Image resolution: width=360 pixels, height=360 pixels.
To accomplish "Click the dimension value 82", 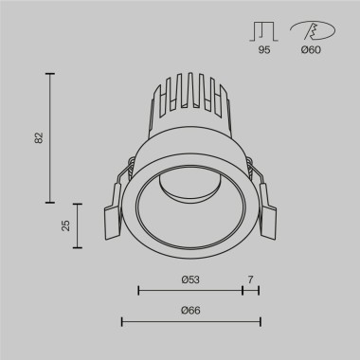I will point(39,137).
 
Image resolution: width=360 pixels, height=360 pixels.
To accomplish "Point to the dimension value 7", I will point(250,279).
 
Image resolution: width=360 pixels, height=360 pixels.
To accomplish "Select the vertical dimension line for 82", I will point(50,137).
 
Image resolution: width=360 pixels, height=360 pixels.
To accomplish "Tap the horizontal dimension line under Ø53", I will point(189,290).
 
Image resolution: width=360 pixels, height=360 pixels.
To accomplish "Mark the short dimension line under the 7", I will point(250,290).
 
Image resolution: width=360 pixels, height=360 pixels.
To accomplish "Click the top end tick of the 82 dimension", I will point(50,73).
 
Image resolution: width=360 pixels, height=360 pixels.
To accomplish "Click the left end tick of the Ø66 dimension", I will point(121,322).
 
